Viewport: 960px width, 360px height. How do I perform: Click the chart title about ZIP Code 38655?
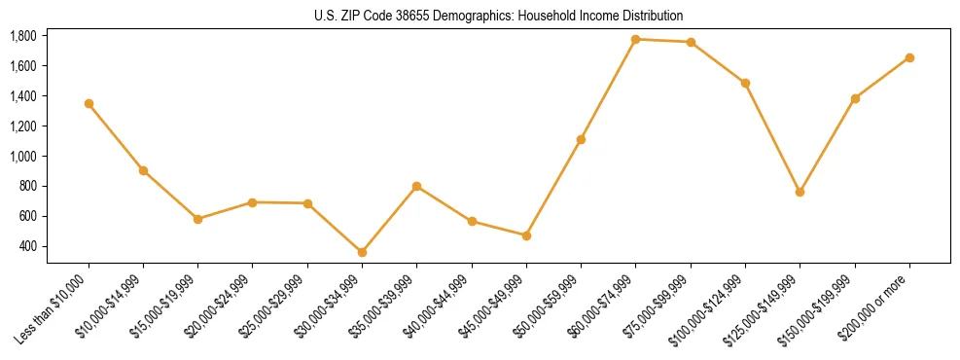coord(499,16)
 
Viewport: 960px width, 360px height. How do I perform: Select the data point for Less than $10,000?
coord(89,103)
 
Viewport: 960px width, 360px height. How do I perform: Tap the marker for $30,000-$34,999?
coord(362,252)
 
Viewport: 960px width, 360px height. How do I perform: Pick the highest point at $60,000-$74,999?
coord(635,39)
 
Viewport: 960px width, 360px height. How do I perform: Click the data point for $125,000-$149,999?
coord(800,192)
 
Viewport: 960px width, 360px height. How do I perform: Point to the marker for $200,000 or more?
coord(909,57)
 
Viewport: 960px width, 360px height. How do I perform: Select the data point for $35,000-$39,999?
coord(416,186)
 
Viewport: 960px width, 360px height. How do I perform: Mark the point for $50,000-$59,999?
coord(581,139)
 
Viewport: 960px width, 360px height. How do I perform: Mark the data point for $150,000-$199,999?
coord(855,98)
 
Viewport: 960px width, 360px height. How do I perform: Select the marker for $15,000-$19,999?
coord(197,219)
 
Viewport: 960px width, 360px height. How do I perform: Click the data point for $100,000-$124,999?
coord(745,83)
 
